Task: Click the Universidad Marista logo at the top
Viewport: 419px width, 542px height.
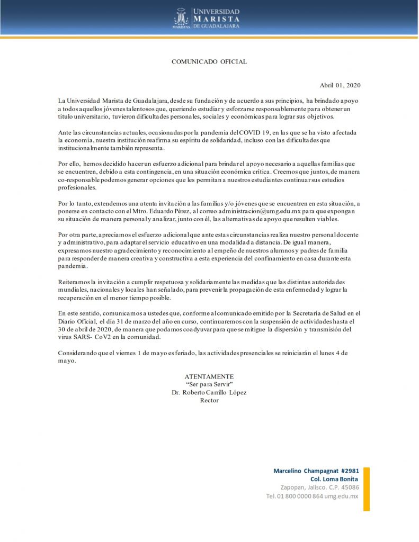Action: (207, 18)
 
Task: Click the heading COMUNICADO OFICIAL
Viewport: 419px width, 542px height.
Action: (209, 62)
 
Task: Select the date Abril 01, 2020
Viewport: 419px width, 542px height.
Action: (340, 85)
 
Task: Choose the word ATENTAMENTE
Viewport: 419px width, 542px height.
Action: (209, 376)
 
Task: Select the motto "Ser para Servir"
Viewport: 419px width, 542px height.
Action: (209, 384)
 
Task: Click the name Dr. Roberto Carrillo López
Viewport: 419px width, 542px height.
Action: (209, 392)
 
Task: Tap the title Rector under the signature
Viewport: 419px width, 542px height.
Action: (209, 400)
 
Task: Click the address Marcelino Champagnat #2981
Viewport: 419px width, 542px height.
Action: (316, 471)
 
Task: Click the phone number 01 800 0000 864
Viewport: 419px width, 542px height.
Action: (299, 496)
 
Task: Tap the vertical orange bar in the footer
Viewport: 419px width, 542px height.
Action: (366, 489)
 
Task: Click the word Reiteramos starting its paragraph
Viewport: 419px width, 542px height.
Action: (75, 282)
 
